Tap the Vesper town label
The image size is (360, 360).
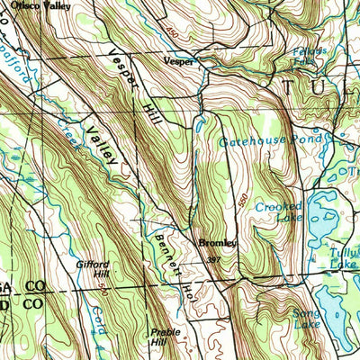[178, 62]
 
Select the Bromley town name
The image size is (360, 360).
[218, 243]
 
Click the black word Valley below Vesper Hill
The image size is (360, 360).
[103, 145]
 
